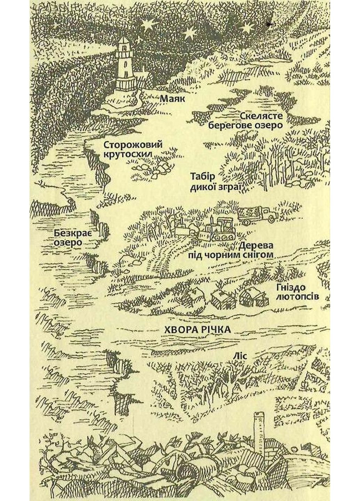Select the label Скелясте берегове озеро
(x=245, y=120)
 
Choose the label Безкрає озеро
(x=69, y=237)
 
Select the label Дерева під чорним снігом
(x=231, y=250)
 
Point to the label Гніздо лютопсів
(x=297, y=292)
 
